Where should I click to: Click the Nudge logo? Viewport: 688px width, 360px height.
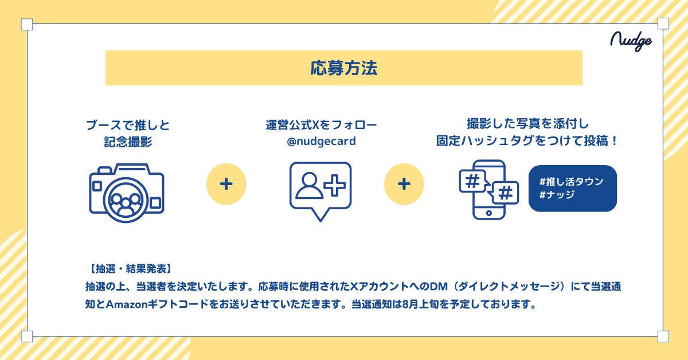pyautogui.click(x=631, y=41)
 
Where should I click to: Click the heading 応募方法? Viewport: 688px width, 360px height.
pyautogui.click(x=343, y=68)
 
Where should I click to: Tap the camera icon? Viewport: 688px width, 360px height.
pyautogui.click(x=127, y=190)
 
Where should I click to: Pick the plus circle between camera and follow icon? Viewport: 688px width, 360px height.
pyautogui.click(x=226, y=184)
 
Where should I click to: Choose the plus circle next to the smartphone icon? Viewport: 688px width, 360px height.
pyautogui.click(x=404, y=184)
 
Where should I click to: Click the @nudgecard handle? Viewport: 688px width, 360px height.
pyautogui.click(x=321, y=141)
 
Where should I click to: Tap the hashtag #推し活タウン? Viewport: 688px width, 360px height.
pyautogui.click(x=572, y=182)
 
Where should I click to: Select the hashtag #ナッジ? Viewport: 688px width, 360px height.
pyautogui.click(x=557, y=195)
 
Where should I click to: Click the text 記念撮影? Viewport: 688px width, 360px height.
pyautogui.click(x=127, y=141)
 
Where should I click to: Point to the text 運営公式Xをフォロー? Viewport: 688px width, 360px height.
pyautogui.click(x=321, y=125)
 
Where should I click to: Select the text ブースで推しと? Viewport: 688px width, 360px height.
pyautogui.click(x=127, y=125)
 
